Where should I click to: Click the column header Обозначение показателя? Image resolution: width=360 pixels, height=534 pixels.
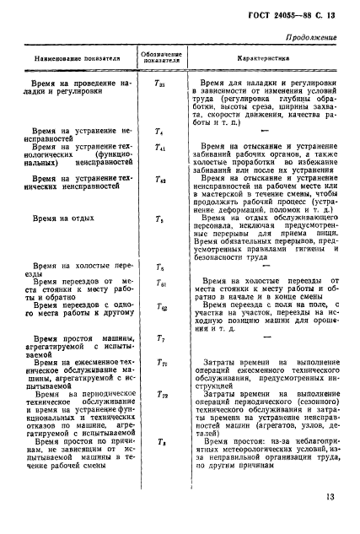[x=160, y=60]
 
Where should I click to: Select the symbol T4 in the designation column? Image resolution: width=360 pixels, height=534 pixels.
[x=160, y=132]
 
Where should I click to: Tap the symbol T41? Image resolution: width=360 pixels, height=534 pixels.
[x=160, y=147]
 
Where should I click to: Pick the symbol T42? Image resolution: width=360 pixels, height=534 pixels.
[x=160, y=179]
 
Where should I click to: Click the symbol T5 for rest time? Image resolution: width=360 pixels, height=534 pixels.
[x=160, y=219]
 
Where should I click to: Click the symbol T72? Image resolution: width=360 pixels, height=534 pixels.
[x=160, y=394]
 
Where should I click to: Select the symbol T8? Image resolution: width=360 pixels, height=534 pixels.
[x=160, y=441]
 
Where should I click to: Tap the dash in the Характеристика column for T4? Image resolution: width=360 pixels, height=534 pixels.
[x=266, y=132]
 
